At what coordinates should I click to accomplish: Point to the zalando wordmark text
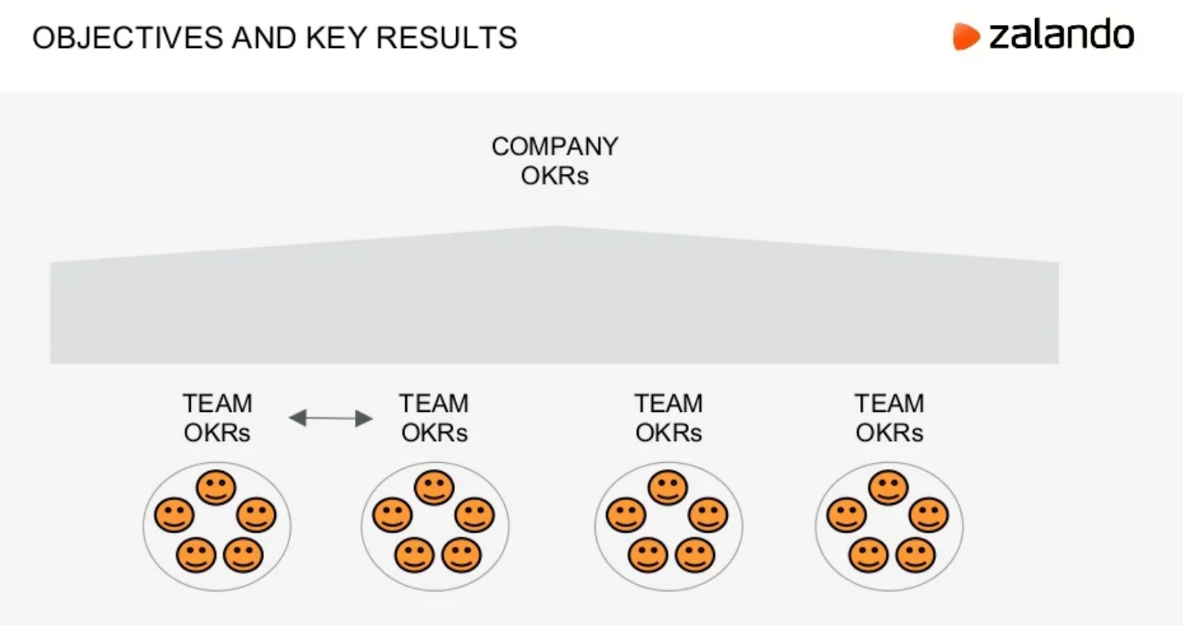point(1061,35)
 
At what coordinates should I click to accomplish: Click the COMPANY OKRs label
point(555,161)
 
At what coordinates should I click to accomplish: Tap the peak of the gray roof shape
point(555,228)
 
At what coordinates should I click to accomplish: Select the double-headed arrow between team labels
point(330,418)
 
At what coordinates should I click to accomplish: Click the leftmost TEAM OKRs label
point(217,418)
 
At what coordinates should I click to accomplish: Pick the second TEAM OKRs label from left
point(434,418)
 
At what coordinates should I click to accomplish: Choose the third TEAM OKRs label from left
point(668,418)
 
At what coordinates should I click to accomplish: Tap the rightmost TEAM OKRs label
point(889,418)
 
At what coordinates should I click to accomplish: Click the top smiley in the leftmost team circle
point(216,487)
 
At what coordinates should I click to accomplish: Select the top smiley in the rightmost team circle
point(888,487)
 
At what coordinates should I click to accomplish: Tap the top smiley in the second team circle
point(434,487)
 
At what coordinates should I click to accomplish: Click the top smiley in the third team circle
point(668,487)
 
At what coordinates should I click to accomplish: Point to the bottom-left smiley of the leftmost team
point(196,555)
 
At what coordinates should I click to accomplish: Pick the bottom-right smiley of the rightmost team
point(915,555)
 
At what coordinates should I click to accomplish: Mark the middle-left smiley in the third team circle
point(626,515)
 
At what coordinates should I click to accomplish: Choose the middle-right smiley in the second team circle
point(475,515)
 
